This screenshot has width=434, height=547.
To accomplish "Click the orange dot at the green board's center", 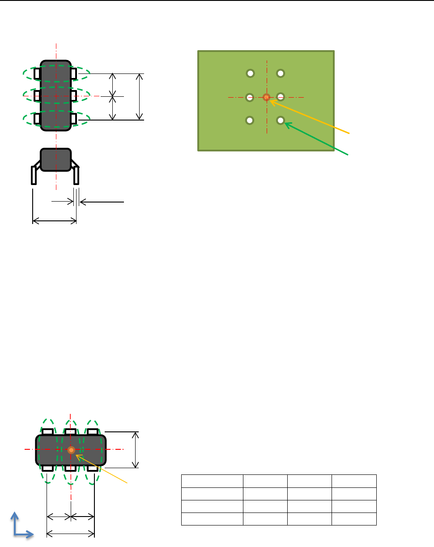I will (266, 97).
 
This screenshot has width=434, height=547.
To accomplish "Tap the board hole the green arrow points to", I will (281, 120).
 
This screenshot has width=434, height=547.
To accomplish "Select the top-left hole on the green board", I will (251, 73).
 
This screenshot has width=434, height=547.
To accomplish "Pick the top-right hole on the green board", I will (281, 73).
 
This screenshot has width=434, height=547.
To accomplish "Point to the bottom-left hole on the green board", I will (251, 120).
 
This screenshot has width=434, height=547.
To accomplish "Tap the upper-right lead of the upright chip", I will (74, 73).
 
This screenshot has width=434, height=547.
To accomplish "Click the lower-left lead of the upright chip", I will (38, 118).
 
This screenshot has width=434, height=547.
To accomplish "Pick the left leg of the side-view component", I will (34, 175).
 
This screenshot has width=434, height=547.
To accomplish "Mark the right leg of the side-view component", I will (77, 175).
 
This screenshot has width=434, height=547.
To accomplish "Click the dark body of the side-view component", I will (56, 159).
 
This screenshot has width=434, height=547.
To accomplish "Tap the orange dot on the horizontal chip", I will (71, 450).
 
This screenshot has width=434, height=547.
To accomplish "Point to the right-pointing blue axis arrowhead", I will (30, 534).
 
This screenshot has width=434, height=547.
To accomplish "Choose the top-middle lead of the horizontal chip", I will (70, 431).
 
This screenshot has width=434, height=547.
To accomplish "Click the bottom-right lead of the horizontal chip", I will (93, 468).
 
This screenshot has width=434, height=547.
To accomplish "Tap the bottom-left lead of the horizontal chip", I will (48, 468).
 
